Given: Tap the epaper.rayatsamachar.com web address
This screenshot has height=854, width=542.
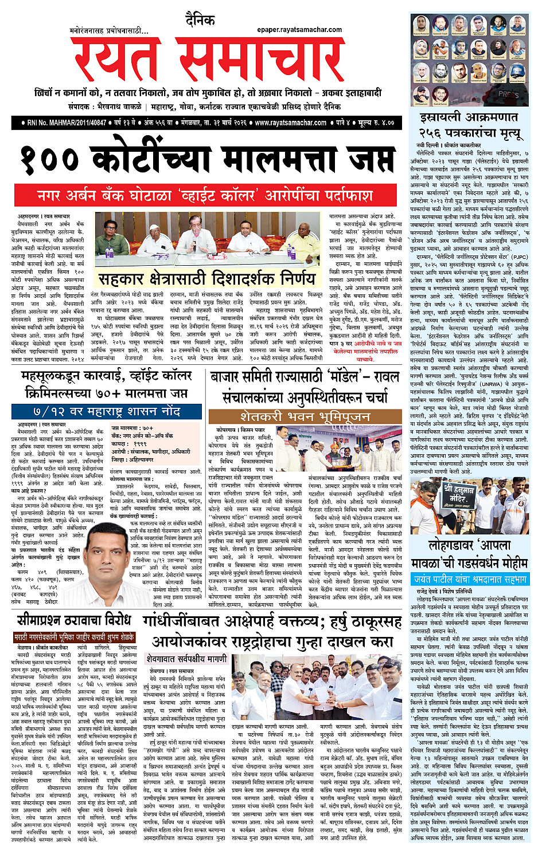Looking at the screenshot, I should click(x=299, y=30).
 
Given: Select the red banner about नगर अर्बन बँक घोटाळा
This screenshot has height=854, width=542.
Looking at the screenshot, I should click(x=205, y=196).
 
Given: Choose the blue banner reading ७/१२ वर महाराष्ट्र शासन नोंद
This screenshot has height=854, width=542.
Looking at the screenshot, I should click(x=107, y=412).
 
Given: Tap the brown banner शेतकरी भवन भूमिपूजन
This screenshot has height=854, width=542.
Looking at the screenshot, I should click(x=305, y=416).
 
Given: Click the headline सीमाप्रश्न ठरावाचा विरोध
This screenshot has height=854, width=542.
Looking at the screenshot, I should click(x=74, y=620).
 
